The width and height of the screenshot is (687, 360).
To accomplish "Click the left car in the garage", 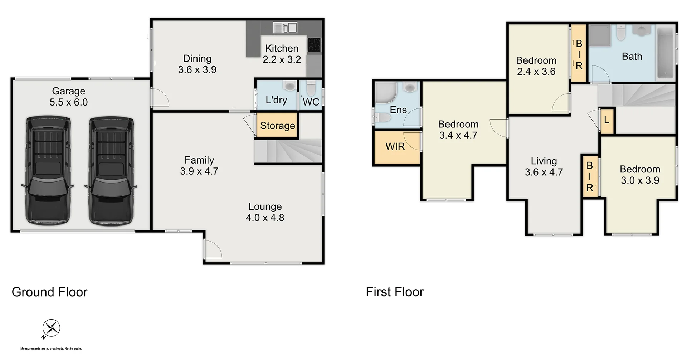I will [48, 170].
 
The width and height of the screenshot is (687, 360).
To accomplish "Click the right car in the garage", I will [111, 170].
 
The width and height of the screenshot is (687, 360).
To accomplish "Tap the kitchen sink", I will [285, 28].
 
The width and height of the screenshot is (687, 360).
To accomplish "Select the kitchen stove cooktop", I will [314, 45].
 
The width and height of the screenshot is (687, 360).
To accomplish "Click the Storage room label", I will [277, 126].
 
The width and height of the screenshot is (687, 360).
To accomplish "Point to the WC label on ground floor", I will [311, 102].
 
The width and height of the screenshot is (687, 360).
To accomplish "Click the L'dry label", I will [276, 100].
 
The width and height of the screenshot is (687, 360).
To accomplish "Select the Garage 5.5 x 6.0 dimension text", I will [68, 102].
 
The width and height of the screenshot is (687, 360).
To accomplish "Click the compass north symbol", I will [51, 328].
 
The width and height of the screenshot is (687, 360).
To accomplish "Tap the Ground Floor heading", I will [49, 292].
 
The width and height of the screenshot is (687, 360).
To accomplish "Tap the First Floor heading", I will [394, 292].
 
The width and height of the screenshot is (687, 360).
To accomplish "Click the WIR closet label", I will [395, 146].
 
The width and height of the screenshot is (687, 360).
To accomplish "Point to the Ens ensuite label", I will [398, 110].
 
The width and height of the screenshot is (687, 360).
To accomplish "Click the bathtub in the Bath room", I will [665, 53].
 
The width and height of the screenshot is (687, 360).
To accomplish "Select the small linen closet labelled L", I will [606, 120].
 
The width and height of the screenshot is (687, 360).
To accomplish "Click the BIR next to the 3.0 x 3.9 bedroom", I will [589, 176].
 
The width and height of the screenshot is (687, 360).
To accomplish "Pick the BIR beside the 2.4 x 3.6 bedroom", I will [579, 54].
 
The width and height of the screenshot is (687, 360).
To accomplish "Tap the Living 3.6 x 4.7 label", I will [544, 167].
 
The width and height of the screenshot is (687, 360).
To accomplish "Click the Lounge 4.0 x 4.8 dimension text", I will [265, 218].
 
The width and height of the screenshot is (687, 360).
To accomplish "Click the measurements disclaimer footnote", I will [51, 349].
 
